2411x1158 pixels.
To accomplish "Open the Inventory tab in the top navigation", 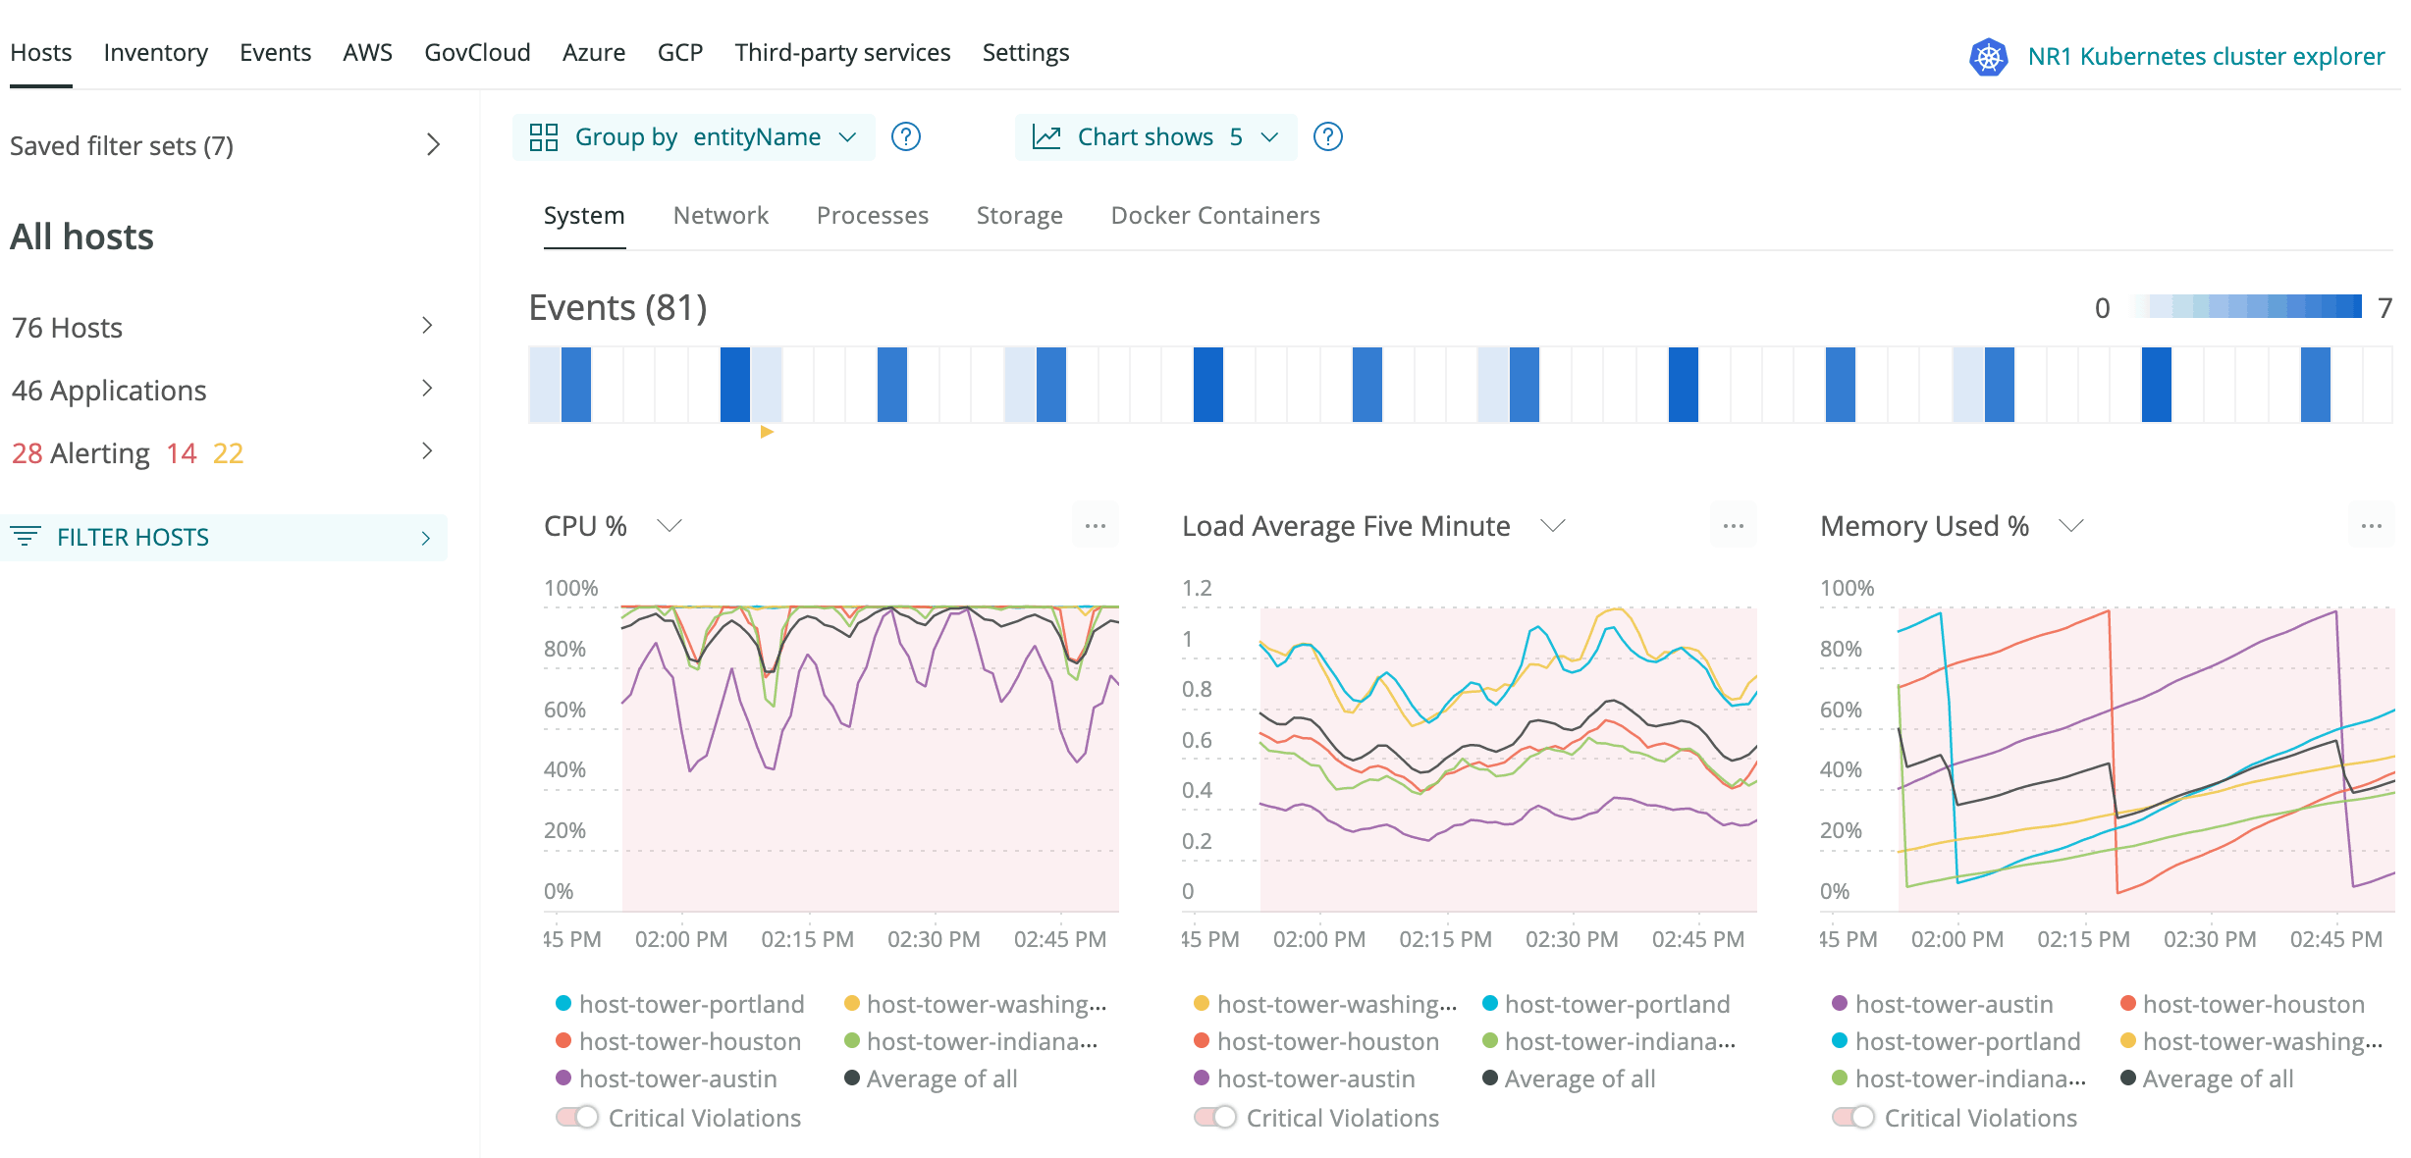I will point(155,52).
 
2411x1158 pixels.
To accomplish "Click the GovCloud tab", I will point(477,52).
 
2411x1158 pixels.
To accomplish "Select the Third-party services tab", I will point(842,52).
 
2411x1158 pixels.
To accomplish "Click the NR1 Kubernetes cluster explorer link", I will point(2205,56).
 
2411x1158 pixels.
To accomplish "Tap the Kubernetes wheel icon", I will point(1988,57).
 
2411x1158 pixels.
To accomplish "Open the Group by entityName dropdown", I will point(693,136).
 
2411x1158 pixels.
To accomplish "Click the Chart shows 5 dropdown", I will point(1155,136).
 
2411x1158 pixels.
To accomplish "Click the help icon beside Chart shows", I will point(1327,136).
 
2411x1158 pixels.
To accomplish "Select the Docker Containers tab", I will point(1214,215).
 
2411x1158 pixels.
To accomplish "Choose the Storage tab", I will point(1019,215).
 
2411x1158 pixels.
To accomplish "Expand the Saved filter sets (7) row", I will point(224,145).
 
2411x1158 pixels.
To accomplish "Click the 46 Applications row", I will point(224,390).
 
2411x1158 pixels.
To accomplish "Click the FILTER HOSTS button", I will point(224,537).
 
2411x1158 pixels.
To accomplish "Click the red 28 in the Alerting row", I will point(27,452).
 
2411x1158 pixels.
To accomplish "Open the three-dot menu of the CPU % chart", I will point(1095,526).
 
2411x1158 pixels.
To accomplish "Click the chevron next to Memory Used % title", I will point(2070,526).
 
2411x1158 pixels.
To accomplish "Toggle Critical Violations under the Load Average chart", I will point(1214,1117).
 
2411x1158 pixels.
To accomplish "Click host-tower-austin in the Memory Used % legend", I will point(1954,1004).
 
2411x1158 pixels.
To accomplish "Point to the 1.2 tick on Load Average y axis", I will point(1197,588).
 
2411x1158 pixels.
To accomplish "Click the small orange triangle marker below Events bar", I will point(767,432).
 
